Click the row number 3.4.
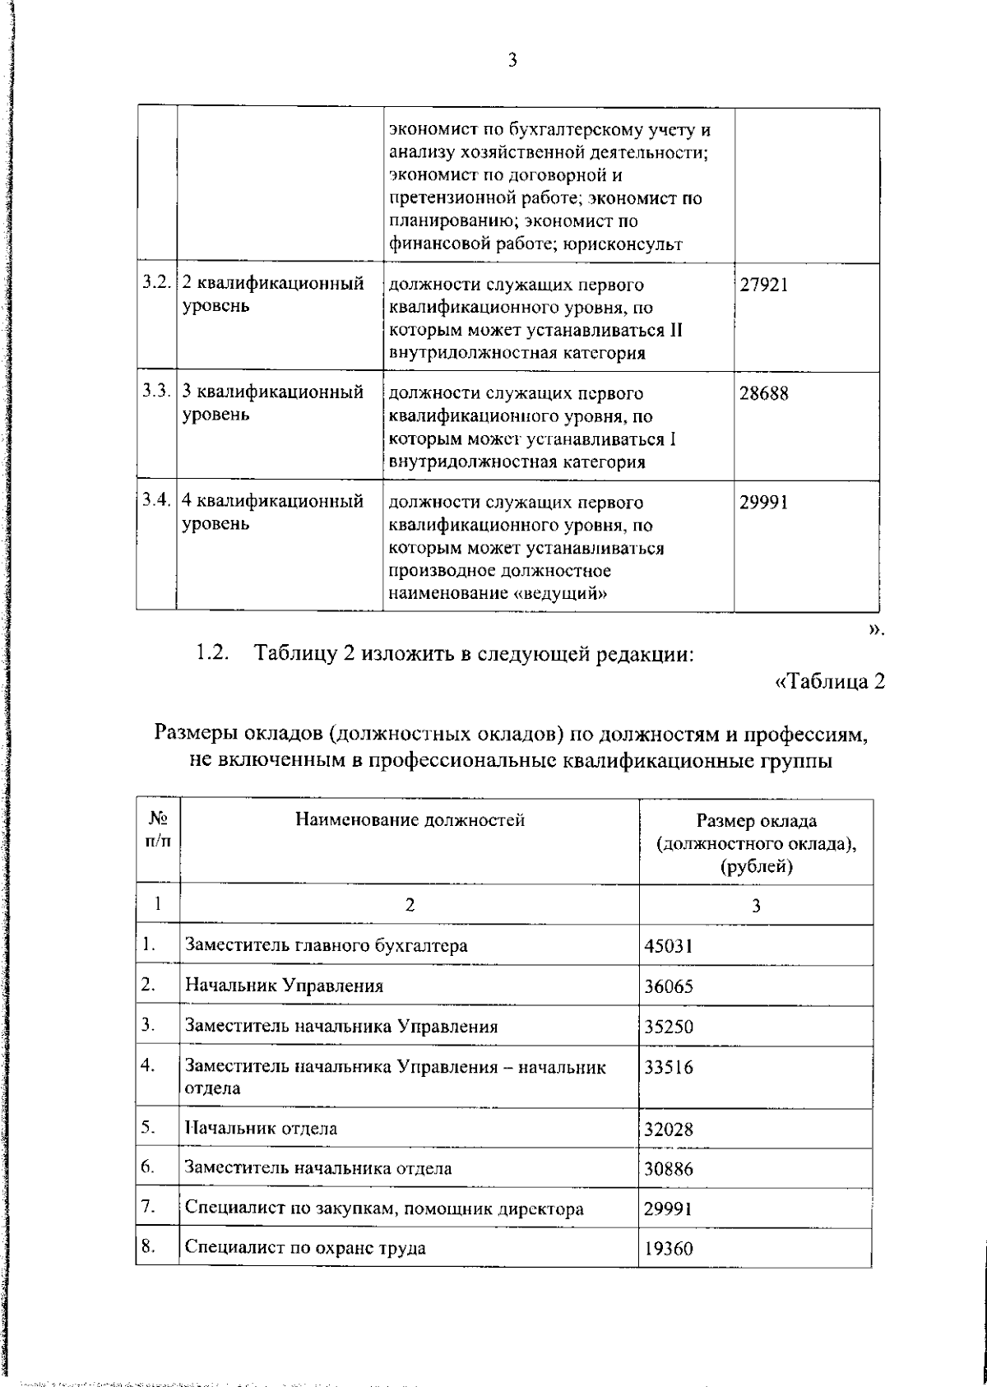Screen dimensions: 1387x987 click(155, 501)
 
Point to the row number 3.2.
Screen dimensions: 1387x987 click(155, 284)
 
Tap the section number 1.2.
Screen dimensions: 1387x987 click(211, 654)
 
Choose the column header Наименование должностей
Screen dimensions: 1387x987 click(410, 819)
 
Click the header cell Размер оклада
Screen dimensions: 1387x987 click(756, 821)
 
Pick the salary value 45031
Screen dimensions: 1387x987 click(668, 946)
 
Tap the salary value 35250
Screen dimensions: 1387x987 click(668, 1027)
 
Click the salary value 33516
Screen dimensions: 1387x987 click(668, 1068)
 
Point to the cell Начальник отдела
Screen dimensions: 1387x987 click(261, 1128)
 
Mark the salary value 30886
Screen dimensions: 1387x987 click(668, 1168)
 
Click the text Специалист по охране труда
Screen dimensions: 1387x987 click(305, 1248)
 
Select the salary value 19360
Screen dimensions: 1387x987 click(668, 1249)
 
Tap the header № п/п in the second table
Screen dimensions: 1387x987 click(159, 831)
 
